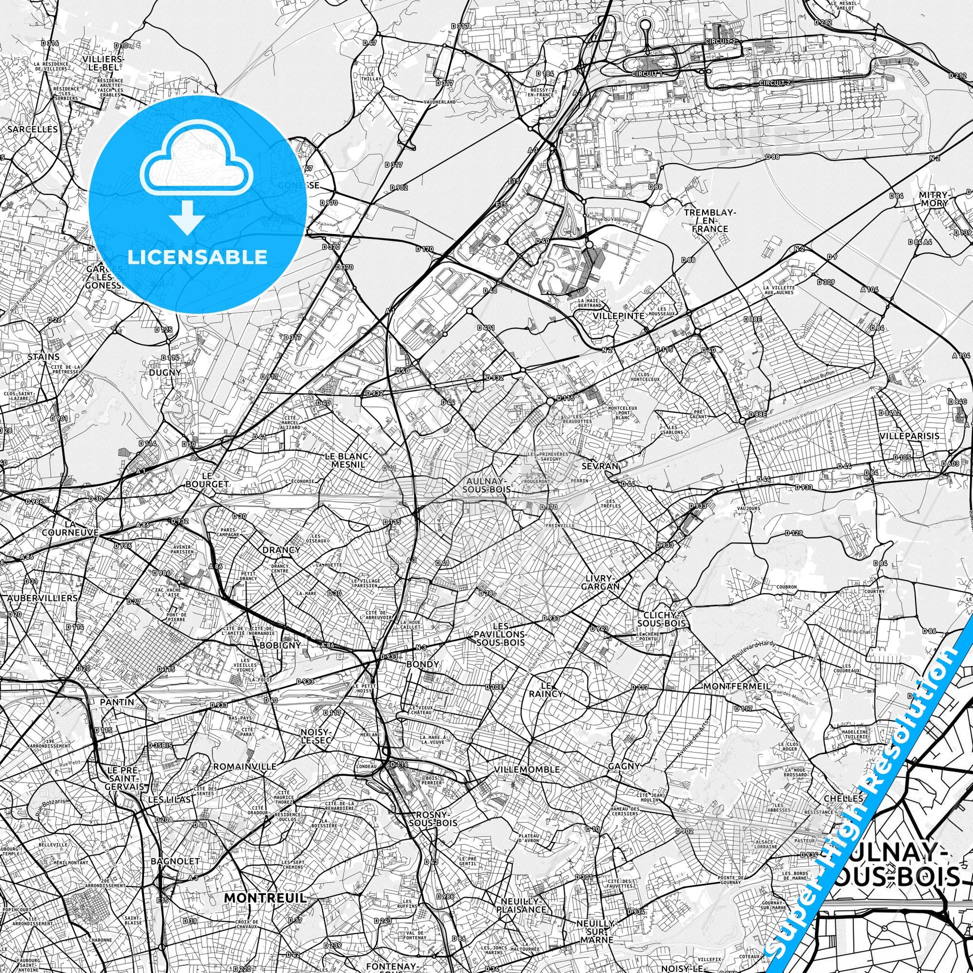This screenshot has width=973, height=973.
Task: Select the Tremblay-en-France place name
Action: [x=709, y=220]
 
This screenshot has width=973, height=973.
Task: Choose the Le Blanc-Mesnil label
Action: [x=347, y=460]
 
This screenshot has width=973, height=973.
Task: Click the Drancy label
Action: [x=281, y=549]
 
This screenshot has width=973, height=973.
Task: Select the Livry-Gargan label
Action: [x=599, y=582]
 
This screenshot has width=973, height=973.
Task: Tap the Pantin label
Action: [x=117, y=701]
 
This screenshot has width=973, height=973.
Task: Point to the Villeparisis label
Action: [x=909, y=435]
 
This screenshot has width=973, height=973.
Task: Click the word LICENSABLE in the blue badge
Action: [x=197, y=257]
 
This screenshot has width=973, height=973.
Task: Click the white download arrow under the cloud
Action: [x=187, y=216]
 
